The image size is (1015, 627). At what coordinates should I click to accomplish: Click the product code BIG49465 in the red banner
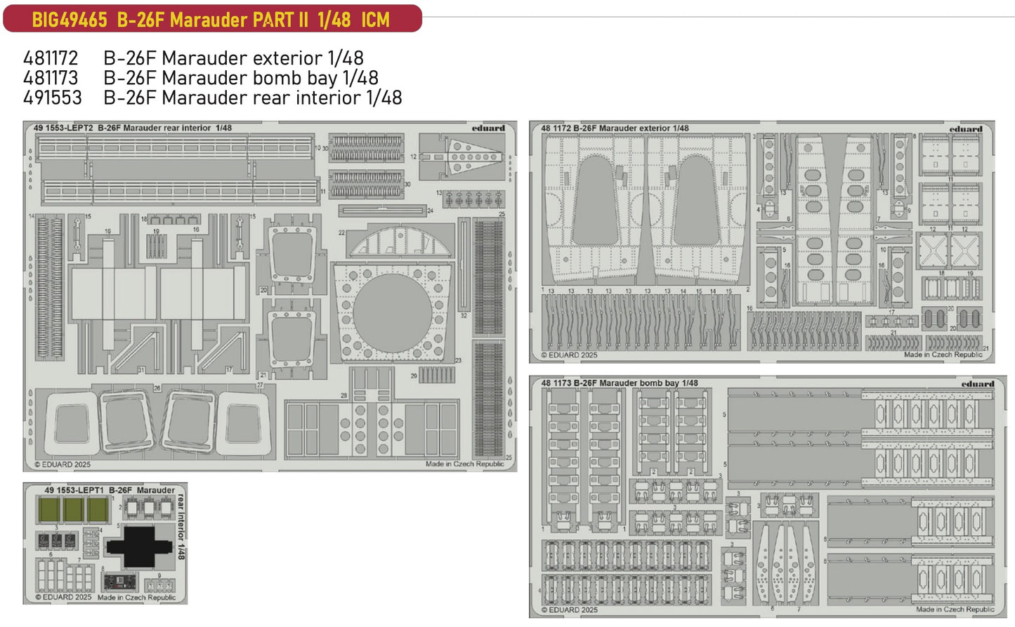69,20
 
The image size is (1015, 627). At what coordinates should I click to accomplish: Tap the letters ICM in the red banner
375,20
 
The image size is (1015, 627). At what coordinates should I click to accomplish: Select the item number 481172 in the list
51,58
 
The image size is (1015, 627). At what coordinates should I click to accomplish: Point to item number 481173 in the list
51,78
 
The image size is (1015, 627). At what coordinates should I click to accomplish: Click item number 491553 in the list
52,98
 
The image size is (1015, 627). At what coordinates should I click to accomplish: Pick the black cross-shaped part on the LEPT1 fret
140,547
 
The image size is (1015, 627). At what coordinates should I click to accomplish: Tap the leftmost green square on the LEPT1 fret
49,509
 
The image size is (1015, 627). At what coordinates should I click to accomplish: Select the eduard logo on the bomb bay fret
977,384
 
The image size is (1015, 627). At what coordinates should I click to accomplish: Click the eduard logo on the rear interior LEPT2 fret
488,128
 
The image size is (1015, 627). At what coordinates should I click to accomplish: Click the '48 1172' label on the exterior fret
556,128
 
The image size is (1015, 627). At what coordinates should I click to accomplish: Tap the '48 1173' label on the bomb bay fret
556,383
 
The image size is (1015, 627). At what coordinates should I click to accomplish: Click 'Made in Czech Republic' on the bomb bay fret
955,609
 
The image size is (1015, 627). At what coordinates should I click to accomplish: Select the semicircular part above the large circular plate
400,242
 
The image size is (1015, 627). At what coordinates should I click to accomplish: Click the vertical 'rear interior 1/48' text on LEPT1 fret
181,527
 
